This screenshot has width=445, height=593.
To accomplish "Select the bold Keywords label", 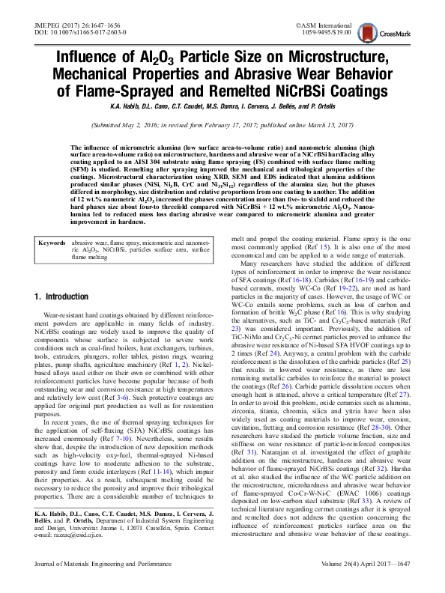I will (x=51, y=223).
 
